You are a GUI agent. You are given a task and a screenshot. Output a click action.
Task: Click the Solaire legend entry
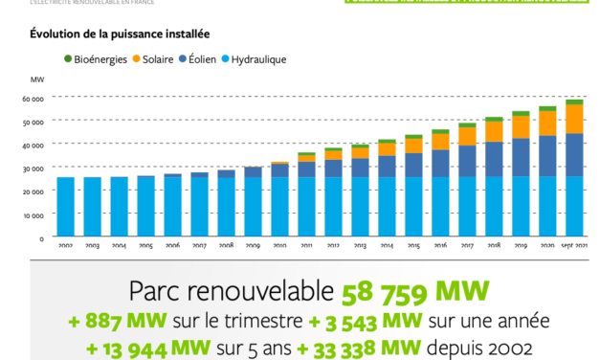point(160,60)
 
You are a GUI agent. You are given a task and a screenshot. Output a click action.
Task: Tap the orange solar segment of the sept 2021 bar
point(573,119)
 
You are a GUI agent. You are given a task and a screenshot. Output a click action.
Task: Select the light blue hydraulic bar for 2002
point(64,206)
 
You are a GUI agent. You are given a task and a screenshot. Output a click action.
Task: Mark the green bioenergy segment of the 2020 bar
point(546,108)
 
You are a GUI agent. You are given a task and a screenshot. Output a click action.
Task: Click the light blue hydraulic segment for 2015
point(412,206)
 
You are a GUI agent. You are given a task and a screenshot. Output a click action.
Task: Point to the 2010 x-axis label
point(278,246)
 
